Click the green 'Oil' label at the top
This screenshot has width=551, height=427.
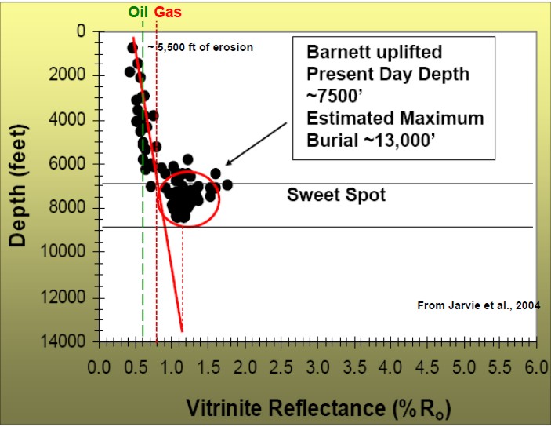[x=139, y=12]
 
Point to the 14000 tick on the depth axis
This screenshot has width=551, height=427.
[x=69, y=341]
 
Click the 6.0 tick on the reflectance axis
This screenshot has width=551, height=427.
[x=535, y=367]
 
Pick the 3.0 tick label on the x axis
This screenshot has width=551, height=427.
[x=317, y=367]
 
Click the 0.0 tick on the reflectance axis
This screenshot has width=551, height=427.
[x=100, y=367]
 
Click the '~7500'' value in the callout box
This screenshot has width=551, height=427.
[x=332, y=97]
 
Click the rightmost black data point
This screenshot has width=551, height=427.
[x=227, y=184]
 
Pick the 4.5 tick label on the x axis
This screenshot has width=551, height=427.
[x=426, y=367]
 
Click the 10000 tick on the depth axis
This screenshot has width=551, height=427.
[x=69, y=252]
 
